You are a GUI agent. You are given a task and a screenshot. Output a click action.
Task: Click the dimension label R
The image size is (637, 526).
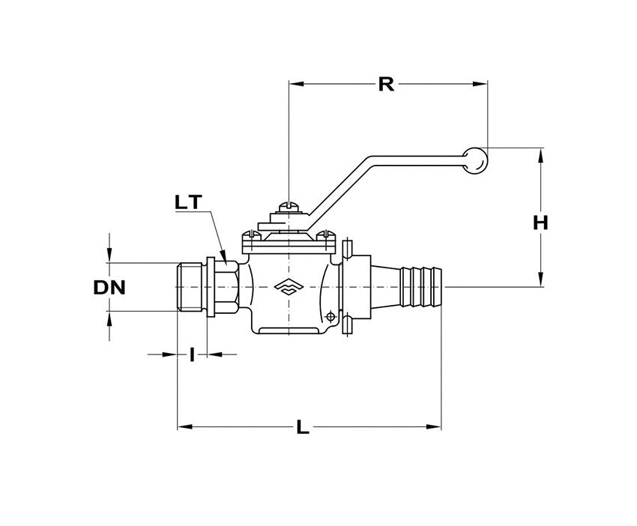pyautogui.click(x=386, y=83)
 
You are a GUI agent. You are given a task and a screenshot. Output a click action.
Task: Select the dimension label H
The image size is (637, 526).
pyautogui.click(x=541, y=223)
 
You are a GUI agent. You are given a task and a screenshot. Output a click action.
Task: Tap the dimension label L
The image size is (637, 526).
pyautogui.click(x=302, y=428)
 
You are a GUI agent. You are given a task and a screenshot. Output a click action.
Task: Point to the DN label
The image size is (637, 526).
pyautogui.click(x=109, y=286)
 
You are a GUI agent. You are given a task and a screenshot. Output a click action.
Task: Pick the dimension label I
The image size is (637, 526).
pyautogui.click(x=192, y=354)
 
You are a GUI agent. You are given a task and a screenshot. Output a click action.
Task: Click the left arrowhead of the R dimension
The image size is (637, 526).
pyautogui.click(x=295, y=84)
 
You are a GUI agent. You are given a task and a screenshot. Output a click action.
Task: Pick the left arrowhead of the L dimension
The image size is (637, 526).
pyautogui.click(x=182, y=428)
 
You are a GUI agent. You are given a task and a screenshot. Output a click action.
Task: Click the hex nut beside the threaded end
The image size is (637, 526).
pyautogui.click(x=229, y=286)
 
